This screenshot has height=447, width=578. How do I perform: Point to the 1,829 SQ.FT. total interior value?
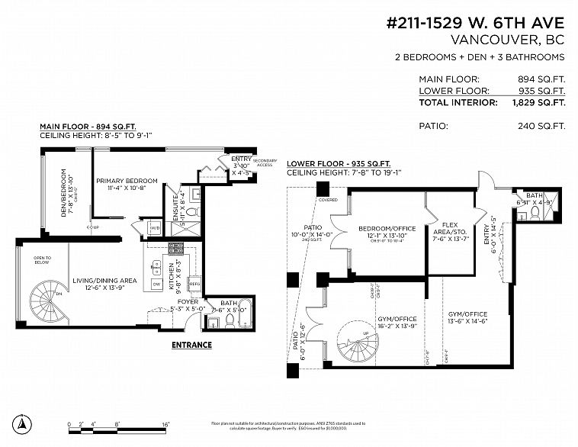tap(538, 101)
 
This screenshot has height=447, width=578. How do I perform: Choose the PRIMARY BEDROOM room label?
tap(127, 181)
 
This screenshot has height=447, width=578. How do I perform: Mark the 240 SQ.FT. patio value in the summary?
tap(541, 125)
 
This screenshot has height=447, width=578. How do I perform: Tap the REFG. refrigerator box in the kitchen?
tap(194, 283)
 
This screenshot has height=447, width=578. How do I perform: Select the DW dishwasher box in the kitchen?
tap(156, 283)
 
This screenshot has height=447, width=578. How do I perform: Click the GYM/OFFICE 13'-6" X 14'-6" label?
tap(467, 318)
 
